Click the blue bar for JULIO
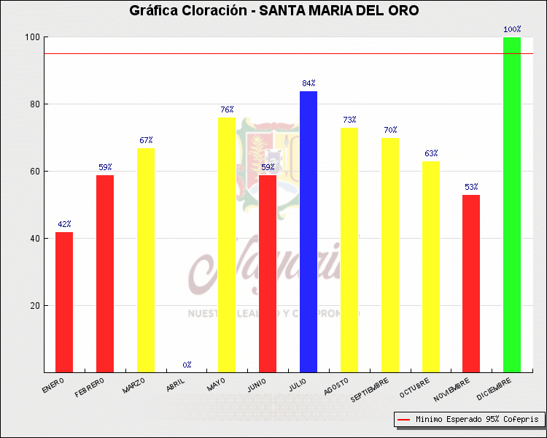309,231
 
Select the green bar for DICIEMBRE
512,204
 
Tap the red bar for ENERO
64,301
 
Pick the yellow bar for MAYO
227,245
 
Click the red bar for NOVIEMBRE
471,283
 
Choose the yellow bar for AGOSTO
349,250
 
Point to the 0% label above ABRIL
187,364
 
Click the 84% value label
309,83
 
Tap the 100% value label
512,30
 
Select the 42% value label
64,224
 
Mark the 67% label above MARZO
146,140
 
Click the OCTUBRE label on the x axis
415,387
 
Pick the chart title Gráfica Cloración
273,11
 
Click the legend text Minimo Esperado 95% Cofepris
477,420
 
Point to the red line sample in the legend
403,420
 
